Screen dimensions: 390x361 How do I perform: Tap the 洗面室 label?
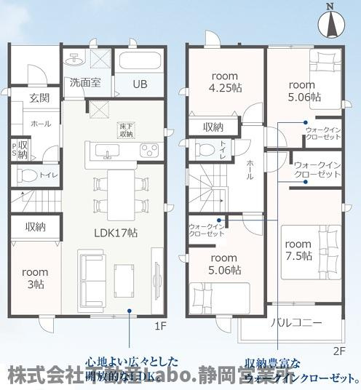coord(85,83)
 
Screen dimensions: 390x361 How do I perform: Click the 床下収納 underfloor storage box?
coord(127,130)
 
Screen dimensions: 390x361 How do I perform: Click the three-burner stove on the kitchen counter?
coord(149,151)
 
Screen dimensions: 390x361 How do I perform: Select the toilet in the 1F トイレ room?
coord(28,175)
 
